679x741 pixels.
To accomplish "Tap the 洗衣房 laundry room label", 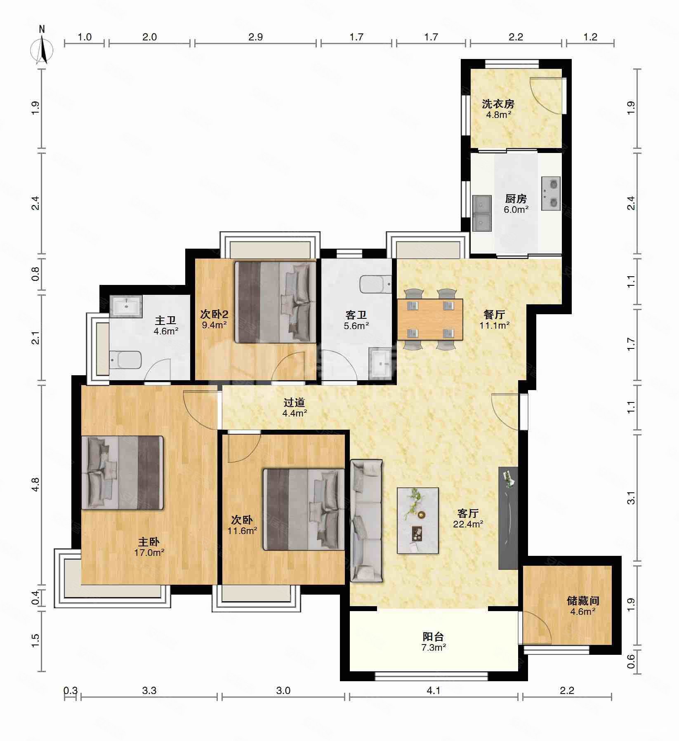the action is tap(498, 104).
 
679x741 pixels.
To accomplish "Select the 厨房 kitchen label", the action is tap(516, 199).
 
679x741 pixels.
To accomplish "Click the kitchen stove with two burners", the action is tap(550, 192).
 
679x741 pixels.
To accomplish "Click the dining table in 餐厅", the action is tap(430, 320).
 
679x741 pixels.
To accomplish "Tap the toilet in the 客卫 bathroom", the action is tap(376, 284).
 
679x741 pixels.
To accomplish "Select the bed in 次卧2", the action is tap(275, 302).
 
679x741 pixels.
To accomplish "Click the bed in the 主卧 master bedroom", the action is tap(123, 472).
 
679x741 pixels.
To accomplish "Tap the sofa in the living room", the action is tap(366, 521).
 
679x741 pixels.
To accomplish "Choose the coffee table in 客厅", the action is tap(417, 520).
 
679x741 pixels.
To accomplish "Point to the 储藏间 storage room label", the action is tap(583, 601).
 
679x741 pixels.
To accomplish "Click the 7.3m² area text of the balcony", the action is tap(433, 647).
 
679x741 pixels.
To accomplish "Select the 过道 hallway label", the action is tap(295, 402).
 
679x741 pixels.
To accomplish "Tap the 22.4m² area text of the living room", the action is tap(468, 524).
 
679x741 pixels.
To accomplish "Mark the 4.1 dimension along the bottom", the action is tap(434, 690).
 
